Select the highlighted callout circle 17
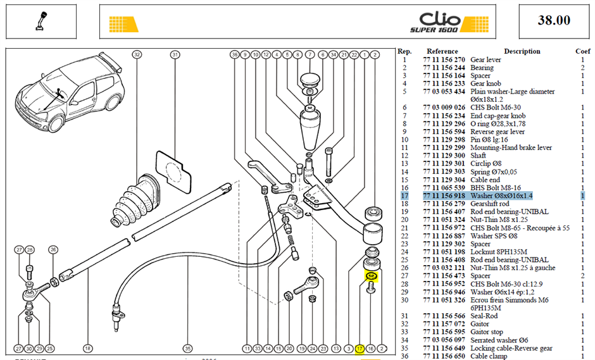click(x=360, y=348)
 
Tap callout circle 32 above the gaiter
click(x=137, y=54)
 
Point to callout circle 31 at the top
click(x=175, y=54)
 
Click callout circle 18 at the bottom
click(x=87, y=348)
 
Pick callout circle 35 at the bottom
click(x=187, y=348)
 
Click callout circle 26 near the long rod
click(x=53, y=250)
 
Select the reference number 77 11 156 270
click(x=444, y=59)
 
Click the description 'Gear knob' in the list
click(x=485, y=84)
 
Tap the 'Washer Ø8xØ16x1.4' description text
click(x=501, y=196)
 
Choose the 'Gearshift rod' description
click(x=490, y=204)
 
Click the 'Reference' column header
click(x=442, y=51)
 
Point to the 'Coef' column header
click(x=583, y=51)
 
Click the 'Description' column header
click(x=522, y=51)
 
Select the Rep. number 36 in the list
click(x=404, y=356)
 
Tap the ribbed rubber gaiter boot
click(x=134, y=201)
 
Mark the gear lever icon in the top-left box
click(x=41, y=22)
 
